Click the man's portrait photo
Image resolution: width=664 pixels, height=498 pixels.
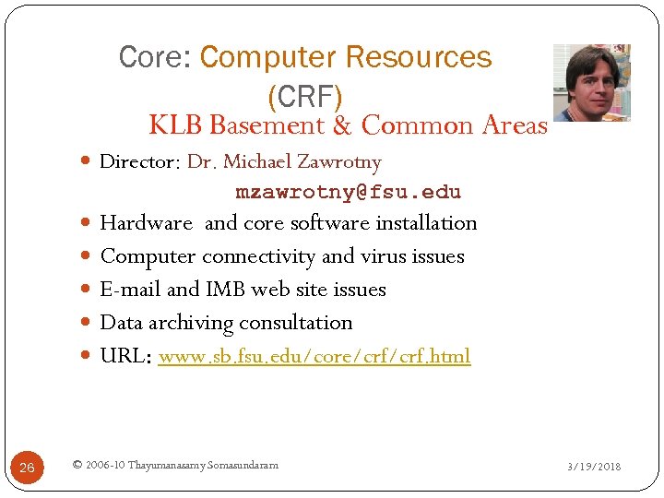click(591, 82)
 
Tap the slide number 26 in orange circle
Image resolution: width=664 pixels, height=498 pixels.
click(27, 468)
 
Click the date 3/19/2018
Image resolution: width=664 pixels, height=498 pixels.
click(593, 467)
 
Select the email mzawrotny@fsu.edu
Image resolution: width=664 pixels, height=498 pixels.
click(348, 193)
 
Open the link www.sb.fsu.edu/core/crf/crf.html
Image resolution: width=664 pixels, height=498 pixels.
click(314, 356)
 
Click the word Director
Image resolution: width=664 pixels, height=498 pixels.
click(138, 162)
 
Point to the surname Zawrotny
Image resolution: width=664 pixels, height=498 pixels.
click(340, 162)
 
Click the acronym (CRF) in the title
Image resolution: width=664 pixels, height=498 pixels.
click(304, 95)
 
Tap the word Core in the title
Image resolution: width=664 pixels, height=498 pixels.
click(152, 57)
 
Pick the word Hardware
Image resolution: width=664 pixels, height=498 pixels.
click(146, 223)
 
